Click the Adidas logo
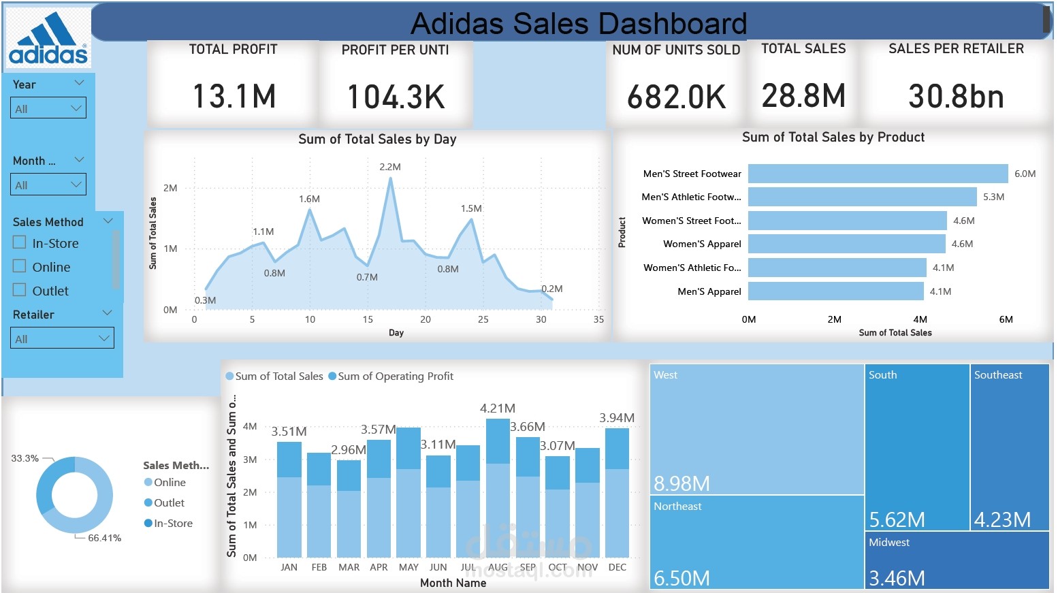click(x=48, y=39)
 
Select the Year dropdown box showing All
click(x=48, y=108)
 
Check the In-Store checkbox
click(x=20, y=242)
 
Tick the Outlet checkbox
click(x=20, y=290)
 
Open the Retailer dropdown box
click(x=62, y=338)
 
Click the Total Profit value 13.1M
click(x=234, y=96)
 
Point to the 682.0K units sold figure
click(x=676, y=97)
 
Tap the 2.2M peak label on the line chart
click(x=390, y=167)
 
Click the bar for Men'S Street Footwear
click(x=877, y=174)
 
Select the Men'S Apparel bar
click(x=835, y=291)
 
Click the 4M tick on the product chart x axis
click(x=920, y=319)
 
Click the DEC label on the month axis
click(x=617, y=567)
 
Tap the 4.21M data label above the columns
click(x=497, y=408)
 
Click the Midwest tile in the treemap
click(x=957, y=560)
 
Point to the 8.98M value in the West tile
click(x=682, y=483)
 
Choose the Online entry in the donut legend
click(x=169, y=483)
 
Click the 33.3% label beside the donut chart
click(x=25, y=458)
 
